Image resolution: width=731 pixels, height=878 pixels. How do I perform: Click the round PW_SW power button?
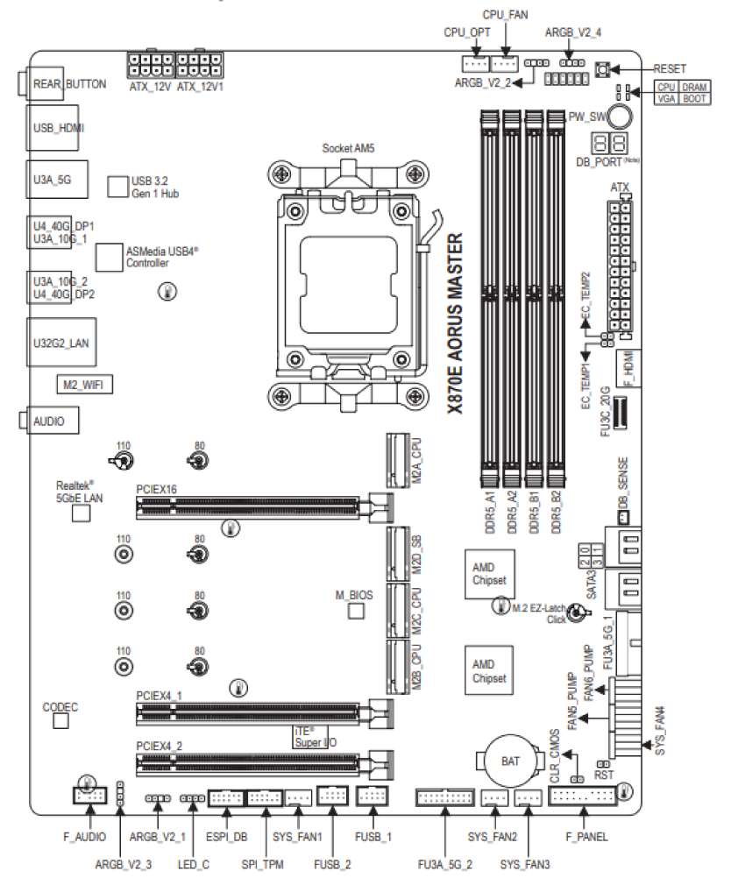[x=620, y=117]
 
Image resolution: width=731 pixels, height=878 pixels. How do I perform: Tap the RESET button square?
[x=602, y=69]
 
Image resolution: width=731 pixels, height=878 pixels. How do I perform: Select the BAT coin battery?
[x=510, y=761]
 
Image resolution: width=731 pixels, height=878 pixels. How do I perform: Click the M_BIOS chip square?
[x=356, y=611]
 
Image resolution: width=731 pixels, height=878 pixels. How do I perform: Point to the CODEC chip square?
[x=60, y=720]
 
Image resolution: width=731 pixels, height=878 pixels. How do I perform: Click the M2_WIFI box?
[x=84, y=385]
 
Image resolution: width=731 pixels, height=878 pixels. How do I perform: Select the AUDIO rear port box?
[x=51, y=421]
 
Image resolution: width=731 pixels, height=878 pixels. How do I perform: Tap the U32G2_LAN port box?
[x=61, y=343]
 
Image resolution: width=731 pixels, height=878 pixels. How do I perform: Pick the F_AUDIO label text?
[x=85, y=837]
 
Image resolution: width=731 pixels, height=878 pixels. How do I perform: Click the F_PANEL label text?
[x=586, y=837]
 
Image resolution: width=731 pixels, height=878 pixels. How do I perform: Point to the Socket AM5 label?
[x=348, y=148]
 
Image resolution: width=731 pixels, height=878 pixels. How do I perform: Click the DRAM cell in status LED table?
[x=694, y=87]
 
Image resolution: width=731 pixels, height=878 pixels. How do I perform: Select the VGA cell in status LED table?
[x=667, y=98]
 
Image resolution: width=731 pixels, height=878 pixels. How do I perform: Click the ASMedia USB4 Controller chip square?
[x=109, y=257]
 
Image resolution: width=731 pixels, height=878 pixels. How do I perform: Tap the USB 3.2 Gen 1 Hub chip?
[x=117, y=187]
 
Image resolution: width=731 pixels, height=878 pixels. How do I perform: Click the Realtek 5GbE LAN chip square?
[x=82, y=513]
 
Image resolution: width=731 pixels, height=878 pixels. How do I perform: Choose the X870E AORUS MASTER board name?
[x=456, y=323]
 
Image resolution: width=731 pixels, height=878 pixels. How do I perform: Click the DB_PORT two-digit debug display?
[x=609, y=144]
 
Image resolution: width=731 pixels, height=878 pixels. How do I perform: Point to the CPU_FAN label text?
[x=505, y=15]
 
